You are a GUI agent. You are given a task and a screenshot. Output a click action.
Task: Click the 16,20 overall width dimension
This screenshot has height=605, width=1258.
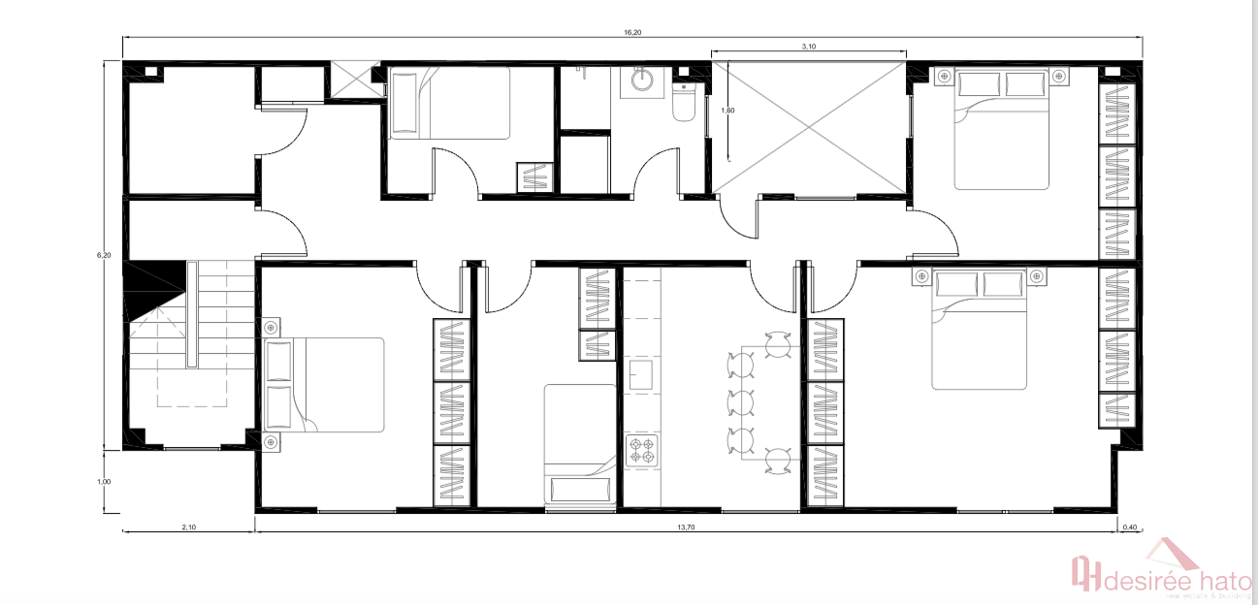click(631, 32)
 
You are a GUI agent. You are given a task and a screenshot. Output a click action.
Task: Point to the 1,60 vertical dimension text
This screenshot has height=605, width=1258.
click(727, 111)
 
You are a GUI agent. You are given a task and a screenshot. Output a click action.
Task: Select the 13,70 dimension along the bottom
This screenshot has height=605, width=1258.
click(684, 527)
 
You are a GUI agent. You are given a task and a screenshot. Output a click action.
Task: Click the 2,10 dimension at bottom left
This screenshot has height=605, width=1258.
click(188, 527)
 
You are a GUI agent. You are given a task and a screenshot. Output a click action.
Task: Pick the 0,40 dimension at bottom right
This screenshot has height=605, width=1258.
click(1129, 527)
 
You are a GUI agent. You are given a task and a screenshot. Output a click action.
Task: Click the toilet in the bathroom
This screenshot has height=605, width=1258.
click(685, 102)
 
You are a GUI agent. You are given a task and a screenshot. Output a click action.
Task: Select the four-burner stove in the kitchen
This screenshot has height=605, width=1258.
click(642, 451)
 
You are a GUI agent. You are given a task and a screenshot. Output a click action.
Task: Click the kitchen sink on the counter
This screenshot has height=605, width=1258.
click(641, 375)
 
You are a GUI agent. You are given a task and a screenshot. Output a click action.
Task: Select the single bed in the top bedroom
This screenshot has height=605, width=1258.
click(451, 103)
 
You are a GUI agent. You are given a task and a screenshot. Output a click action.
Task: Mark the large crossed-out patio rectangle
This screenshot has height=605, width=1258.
click(809, 126)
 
